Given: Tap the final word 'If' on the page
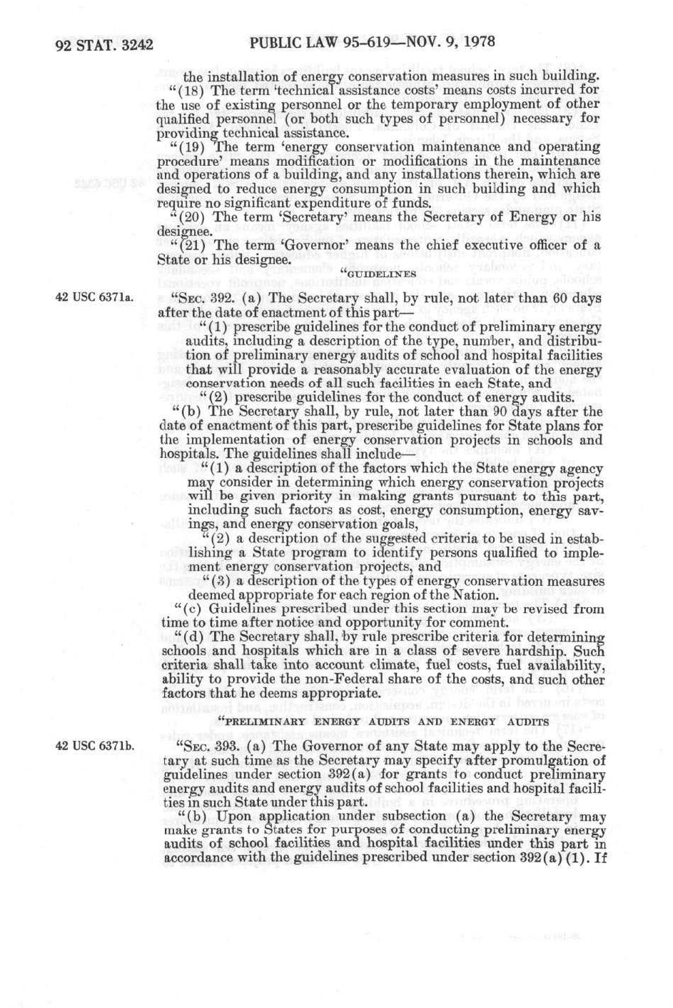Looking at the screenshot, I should (x=599, y=857).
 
